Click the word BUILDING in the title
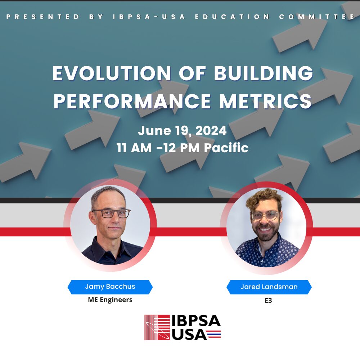click(x=264, y=73)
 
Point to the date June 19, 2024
click(x=182, y=131)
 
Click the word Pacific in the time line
click(x=226, y=148)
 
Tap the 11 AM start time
click(x=134, y=148)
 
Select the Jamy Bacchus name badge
click(x=110, y=287)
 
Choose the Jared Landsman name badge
click(x=269, y=287)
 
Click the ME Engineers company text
click(x=110, y=300)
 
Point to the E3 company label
click(x=268, y=300)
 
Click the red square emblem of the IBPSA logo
click(x=157, y=327)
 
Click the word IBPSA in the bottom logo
click(x=196, y=321)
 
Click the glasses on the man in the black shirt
click(x=112, y=213)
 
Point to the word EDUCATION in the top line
click(x=232, y=17)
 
